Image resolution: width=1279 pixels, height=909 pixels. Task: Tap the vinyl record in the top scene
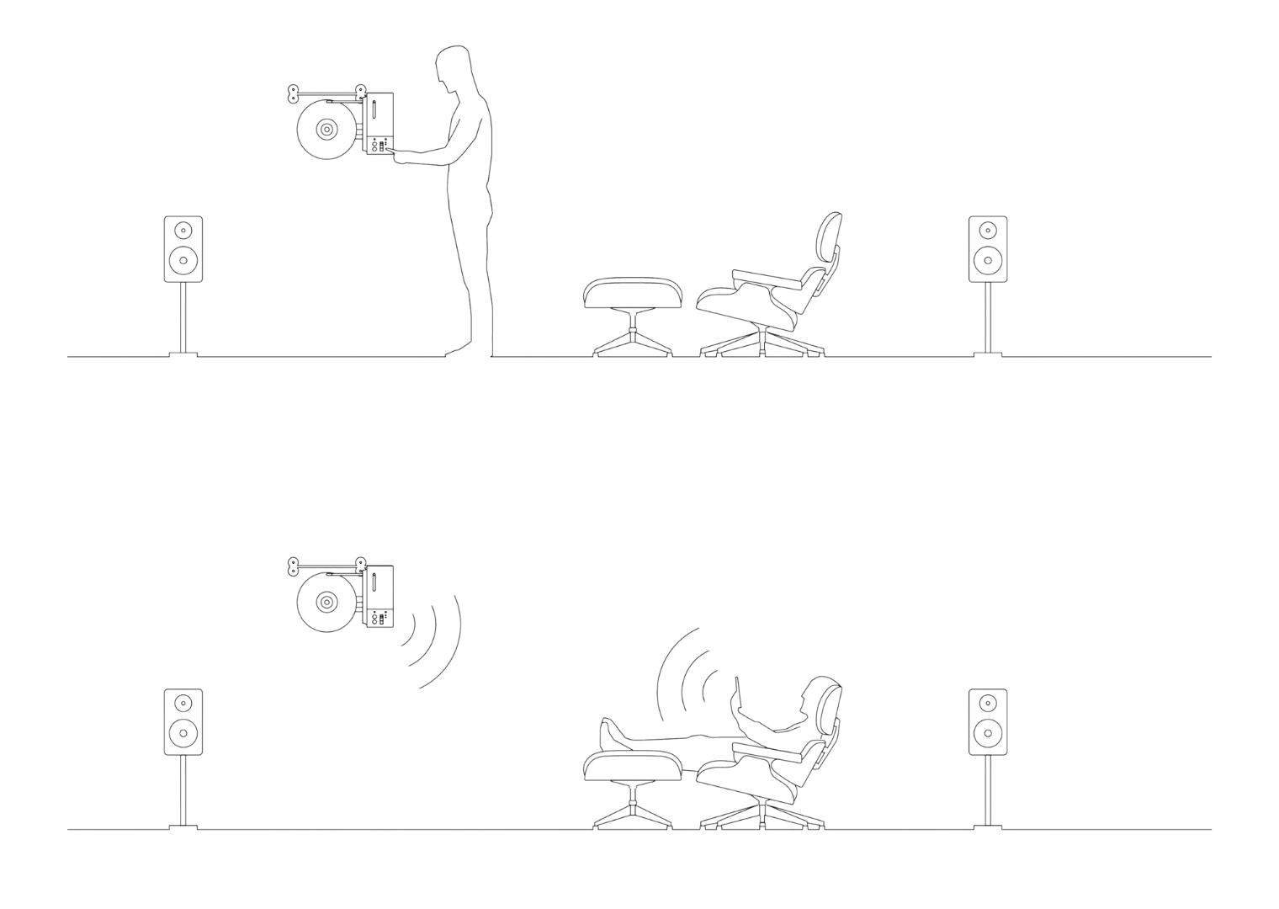coord(326,130)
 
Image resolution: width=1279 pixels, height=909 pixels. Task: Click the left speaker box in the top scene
coord(183,248)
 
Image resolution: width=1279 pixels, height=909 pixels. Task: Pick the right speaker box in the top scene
coord(986,248)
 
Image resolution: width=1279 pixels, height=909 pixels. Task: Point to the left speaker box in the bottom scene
coord(183,721)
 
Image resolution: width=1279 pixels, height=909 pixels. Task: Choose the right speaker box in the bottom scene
coord(986,721)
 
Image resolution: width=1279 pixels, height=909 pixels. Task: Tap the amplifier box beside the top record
coord(378,123)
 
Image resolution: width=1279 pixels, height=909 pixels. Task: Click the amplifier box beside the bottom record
coord(378,596)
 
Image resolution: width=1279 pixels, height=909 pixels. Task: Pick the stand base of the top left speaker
coord(183,353)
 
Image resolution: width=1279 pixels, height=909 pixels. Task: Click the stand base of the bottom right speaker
coord(986,826)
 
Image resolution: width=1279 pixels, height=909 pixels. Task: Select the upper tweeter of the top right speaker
coord(986,229)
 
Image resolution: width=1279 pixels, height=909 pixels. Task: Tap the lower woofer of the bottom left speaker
coord(183,734)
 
